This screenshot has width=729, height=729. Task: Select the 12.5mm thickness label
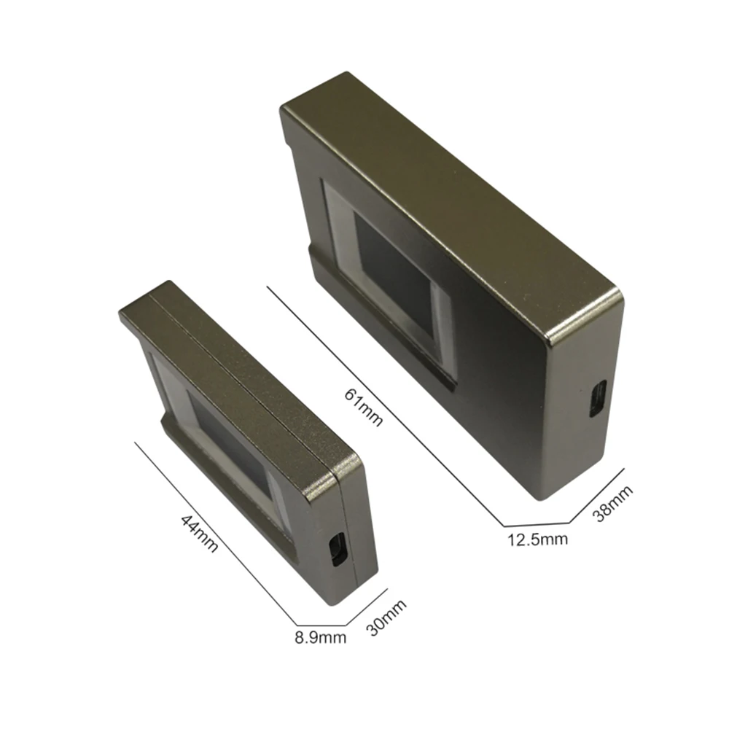coord(537,540)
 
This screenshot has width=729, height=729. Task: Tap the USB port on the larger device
coord(596,399)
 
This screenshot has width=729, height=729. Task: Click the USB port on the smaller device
coord(337,549)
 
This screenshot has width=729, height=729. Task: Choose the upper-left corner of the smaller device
coord(124,313)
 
